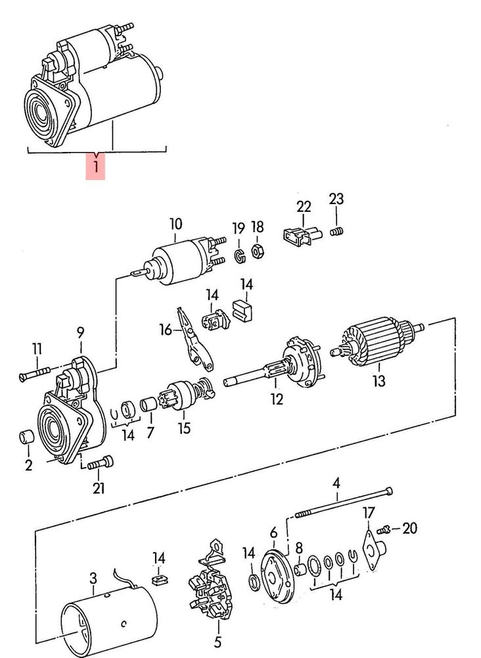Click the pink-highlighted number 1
[96, 166]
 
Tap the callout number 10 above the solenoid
[176, 224]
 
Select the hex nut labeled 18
[257, 251]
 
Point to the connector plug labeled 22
[302, 236]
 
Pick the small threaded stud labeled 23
[336, 231]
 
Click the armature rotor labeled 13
[377, 341]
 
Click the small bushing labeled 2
[27, 437]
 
